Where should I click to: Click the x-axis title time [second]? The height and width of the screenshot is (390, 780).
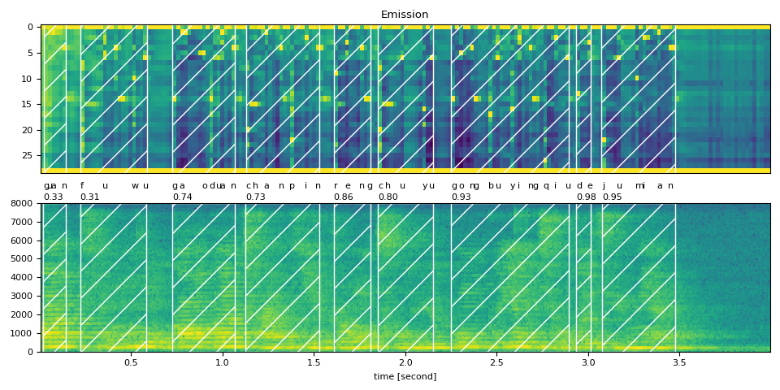click(x=405, y=376)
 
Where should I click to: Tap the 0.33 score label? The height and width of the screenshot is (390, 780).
click(x=54, y=197)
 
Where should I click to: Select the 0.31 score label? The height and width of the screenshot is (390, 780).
click(x=89, y=197)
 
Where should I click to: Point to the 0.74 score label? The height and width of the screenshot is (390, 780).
click(x=182, y=197)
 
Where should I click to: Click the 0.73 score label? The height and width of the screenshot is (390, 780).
click(x=256, y=197)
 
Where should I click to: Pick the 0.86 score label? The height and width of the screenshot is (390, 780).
click(x=344, y=197)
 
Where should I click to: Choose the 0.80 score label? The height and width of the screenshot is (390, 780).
click(x=388, y=197)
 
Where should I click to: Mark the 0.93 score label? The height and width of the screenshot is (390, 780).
click(x=461, y=197)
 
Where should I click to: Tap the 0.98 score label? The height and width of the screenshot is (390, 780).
click(x=586, y=197)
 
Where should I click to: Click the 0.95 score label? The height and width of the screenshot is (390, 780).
click(x=612, y=197)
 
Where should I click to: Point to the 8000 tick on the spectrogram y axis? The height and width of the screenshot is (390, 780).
click(x=22, y=204)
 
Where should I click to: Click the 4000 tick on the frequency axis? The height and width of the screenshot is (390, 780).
click(x=22, y=278)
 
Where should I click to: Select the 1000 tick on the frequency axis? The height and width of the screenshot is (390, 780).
click(x=22, y=333)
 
